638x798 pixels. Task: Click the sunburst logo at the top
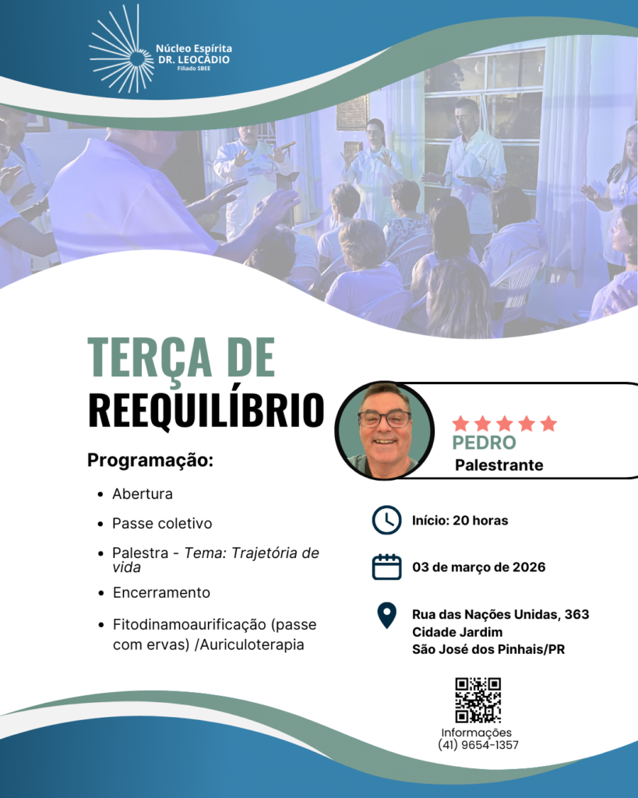tap(121, 50)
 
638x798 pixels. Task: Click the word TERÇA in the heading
tap(150, 358)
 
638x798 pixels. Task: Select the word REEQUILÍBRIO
tap(206, 410)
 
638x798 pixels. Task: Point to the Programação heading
tap(150, 461)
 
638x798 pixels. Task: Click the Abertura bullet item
tap(143, 493)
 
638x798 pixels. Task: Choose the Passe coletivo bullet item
tap(162, 523)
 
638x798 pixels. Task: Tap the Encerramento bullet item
tap(161, 592)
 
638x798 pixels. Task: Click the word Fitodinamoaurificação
tap(190, 624)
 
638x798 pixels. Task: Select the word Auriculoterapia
tap(252, 644)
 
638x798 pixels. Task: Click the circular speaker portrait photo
tap(385, 430)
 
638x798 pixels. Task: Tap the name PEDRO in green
tap(484, 443)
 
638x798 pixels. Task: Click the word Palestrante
tap(499, 465)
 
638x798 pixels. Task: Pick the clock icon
tap(386, 520)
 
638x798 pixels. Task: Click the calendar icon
tap(386, 567)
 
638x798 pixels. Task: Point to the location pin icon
tap(386, 616)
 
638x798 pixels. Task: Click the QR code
tap(478, 700)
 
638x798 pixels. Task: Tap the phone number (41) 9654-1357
tap(478, 745)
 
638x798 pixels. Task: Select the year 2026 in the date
tap(529, 567)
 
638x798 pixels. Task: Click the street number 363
tap(576, 614)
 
